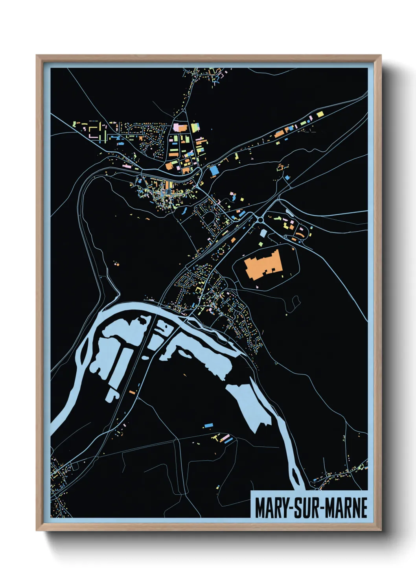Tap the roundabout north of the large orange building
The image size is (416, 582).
point(261,219)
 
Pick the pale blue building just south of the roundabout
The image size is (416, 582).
point(263,234)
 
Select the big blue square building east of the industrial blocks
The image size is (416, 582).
point(214,170)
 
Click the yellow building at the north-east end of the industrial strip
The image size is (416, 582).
point(320,114)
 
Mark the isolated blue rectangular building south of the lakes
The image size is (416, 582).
point(208,425)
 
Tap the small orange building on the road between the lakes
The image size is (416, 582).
point(132,392)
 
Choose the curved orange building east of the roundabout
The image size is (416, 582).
point(301,235)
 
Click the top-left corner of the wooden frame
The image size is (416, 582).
point(37,55)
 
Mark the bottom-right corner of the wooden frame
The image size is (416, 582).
point(381,530)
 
